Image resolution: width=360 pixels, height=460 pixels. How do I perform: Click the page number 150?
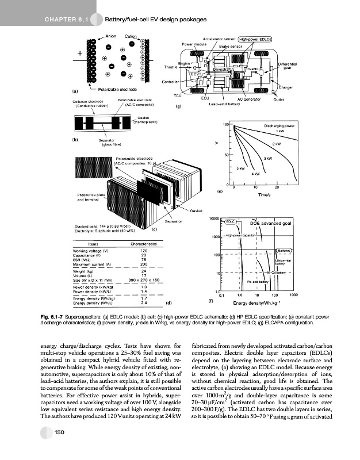(58, 432)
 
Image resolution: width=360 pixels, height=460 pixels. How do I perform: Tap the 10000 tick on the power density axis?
(215, 219)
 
